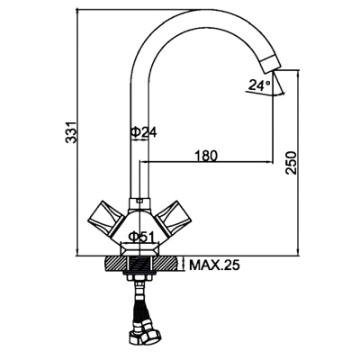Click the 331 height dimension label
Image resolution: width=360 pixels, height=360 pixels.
click(71, 132)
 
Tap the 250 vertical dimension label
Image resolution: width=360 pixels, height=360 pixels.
click(291, 163)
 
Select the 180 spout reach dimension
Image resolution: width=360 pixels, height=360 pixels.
click(206, 156)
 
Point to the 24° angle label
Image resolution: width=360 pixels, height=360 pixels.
click(259, 85)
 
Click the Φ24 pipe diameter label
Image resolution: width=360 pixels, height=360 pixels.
click(143, 132)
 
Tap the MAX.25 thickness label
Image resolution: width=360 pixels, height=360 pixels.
click(214, 265)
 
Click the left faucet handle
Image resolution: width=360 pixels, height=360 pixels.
click(106, 219)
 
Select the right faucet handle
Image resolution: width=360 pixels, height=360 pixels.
click(174, 219)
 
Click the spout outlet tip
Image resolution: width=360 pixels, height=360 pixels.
click(271, 64)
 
